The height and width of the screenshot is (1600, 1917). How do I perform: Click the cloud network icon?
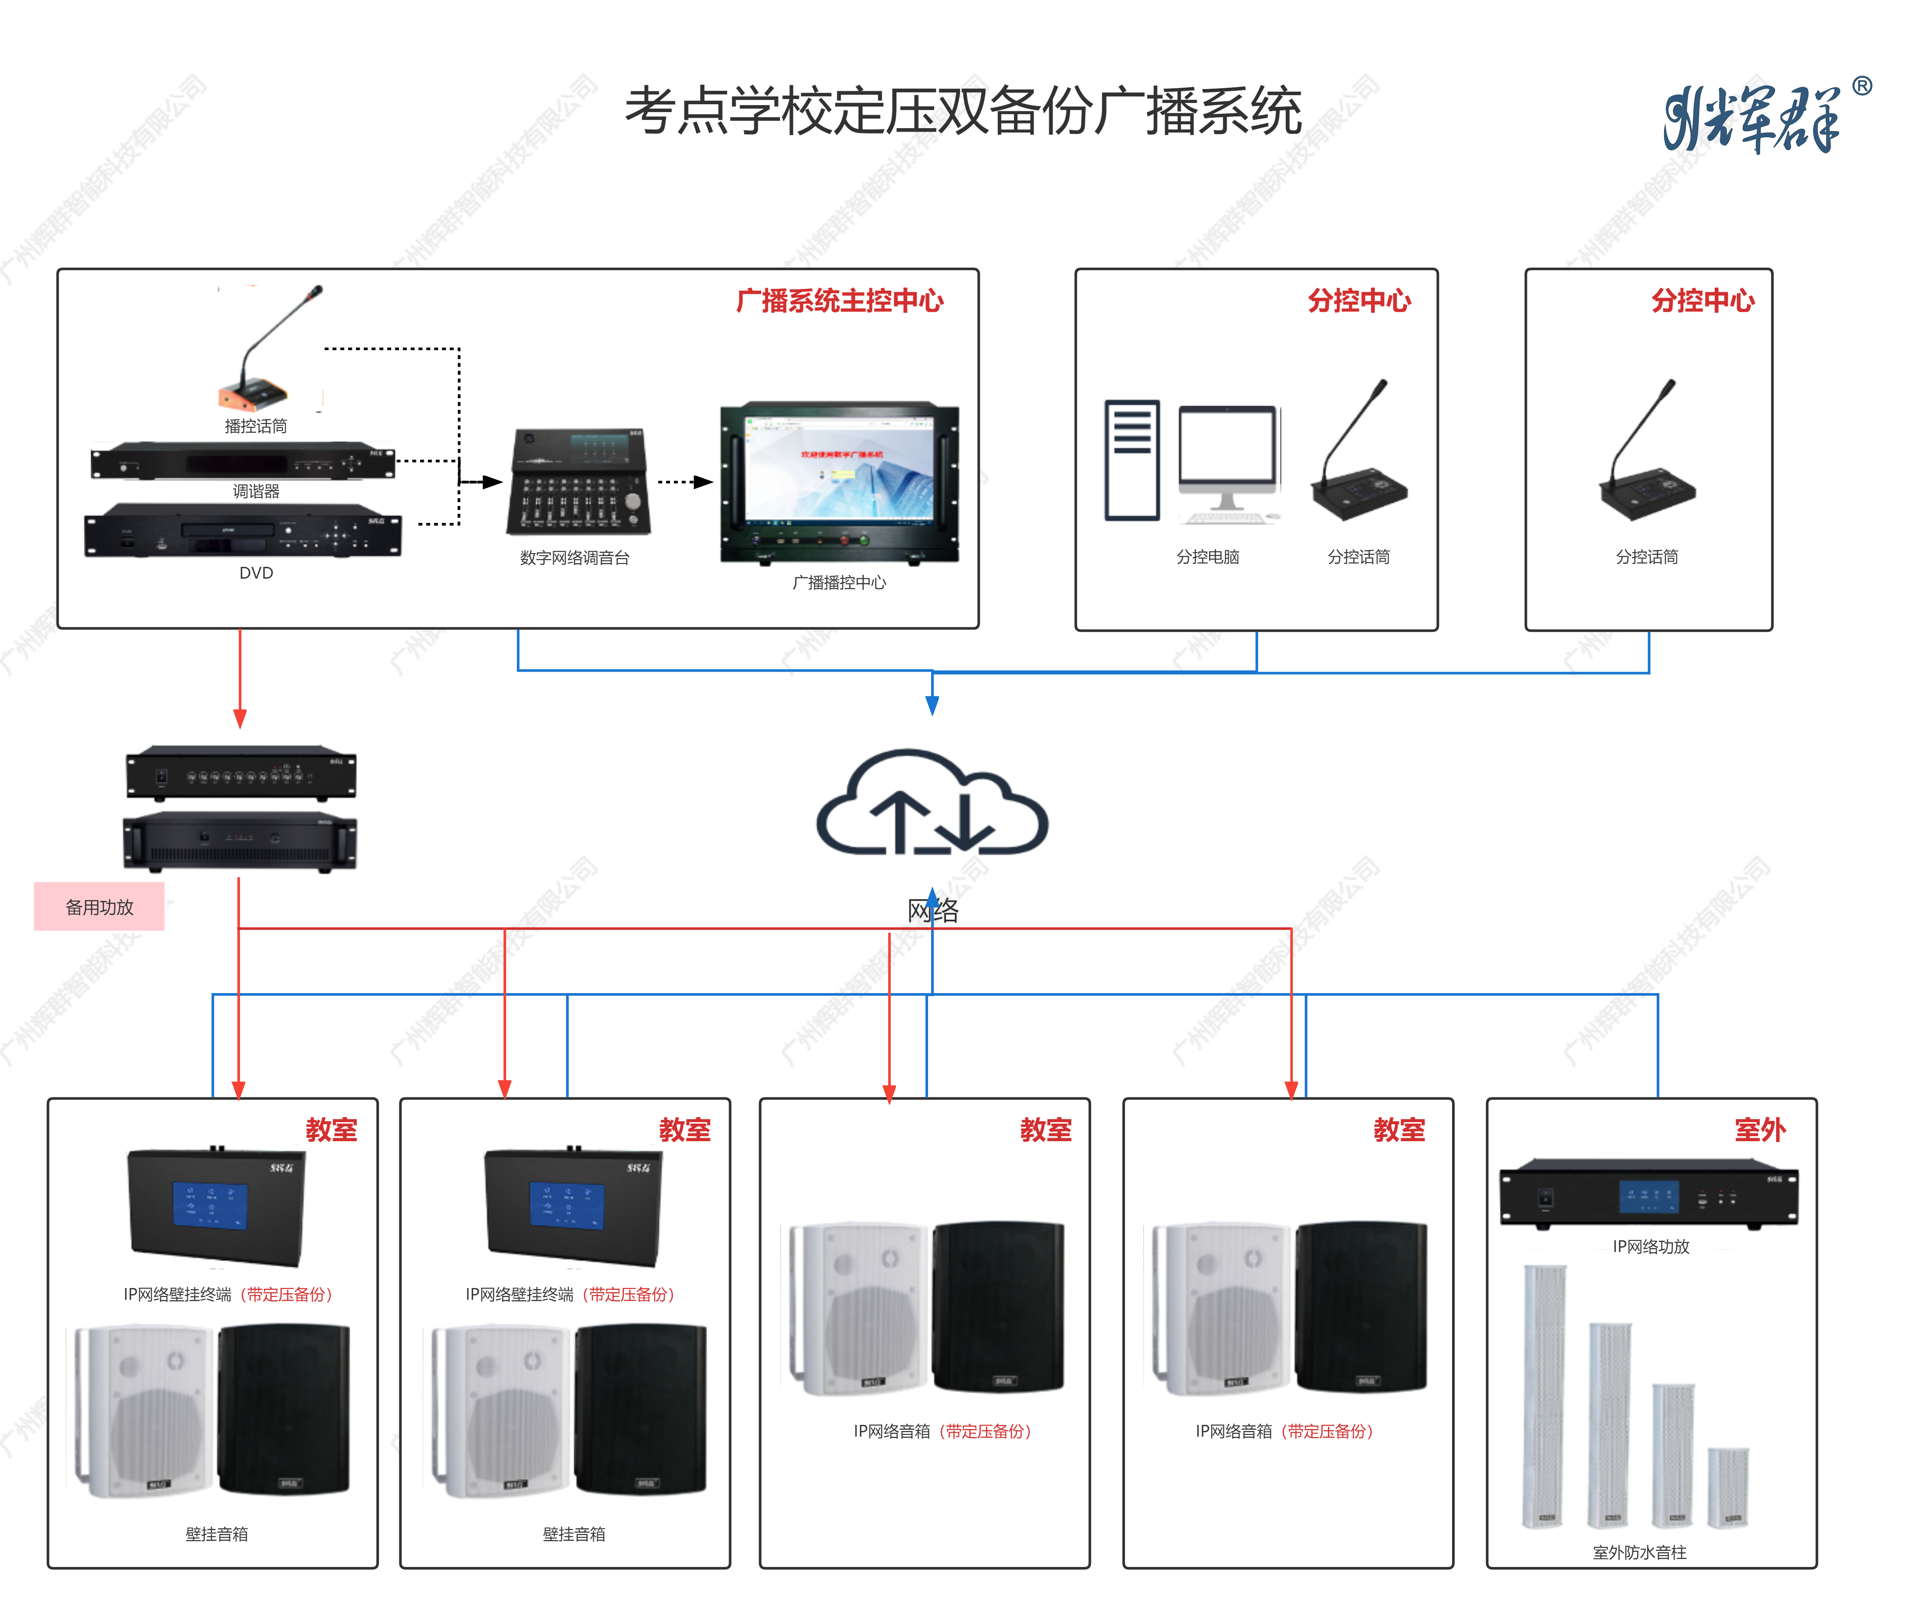click(x=931, y=803)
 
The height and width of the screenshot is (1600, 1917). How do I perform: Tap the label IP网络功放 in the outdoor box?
click(x=1651, y=1247)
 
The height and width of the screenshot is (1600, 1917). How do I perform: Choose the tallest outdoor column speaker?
click(x=1545, y=1396)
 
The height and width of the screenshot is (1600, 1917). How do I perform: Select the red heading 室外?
click(x=1759, y=1130)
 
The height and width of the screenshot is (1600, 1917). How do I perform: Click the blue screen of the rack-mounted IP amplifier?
click(x=1648, y=1196)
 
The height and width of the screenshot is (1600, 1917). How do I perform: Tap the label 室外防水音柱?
click(x=1639, y=1553)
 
